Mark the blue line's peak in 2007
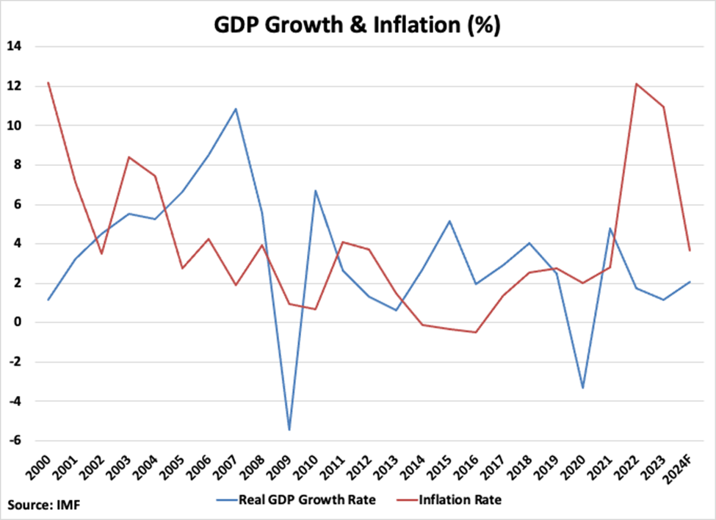click(x=236, y=109)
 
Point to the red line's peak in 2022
click(x=636, y=84)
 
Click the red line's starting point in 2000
click(x=48, y=82)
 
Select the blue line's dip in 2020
click(x=583, y=388)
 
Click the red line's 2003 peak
click(x=129, y=157)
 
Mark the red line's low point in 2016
click(x=476, y=332)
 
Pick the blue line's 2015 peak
click(x=449, y=221)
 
